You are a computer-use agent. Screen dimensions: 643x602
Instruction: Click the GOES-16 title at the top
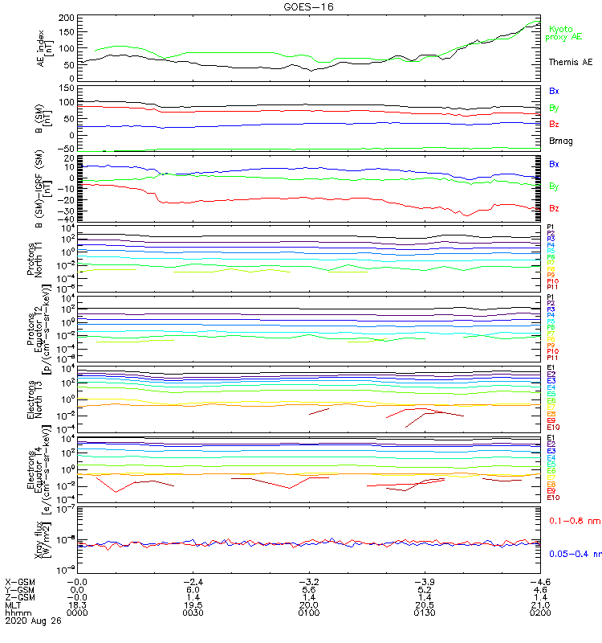click(308, 6)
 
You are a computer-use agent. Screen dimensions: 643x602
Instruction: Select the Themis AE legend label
click(570, 62)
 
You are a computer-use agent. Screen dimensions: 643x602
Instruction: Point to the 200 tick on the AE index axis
click(67, 18)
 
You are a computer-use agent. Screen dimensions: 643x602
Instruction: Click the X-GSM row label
click(22, 581)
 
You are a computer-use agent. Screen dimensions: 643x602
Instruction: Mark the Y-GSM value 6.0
click(193, 589)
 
